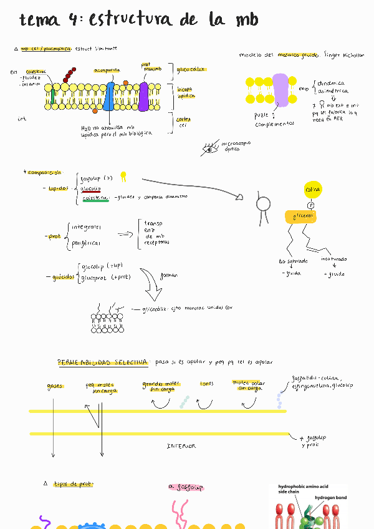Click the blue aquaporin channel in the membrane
pos(109,96)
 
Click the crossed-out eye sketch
pos(209,148)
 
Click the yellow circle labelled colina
pos(312,189)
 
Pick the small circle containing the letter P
pos(310,205)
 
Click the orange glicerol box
pos(301,216)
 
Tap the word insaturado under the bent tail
pos(333,259)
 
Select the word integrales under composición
pos(87,227)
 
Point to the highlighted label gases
pos(55,387)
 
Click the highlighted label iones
pos(206,384)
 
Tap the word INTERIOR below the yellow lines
pos(181,446)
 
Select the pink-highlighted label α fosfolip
pos(186,487)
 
